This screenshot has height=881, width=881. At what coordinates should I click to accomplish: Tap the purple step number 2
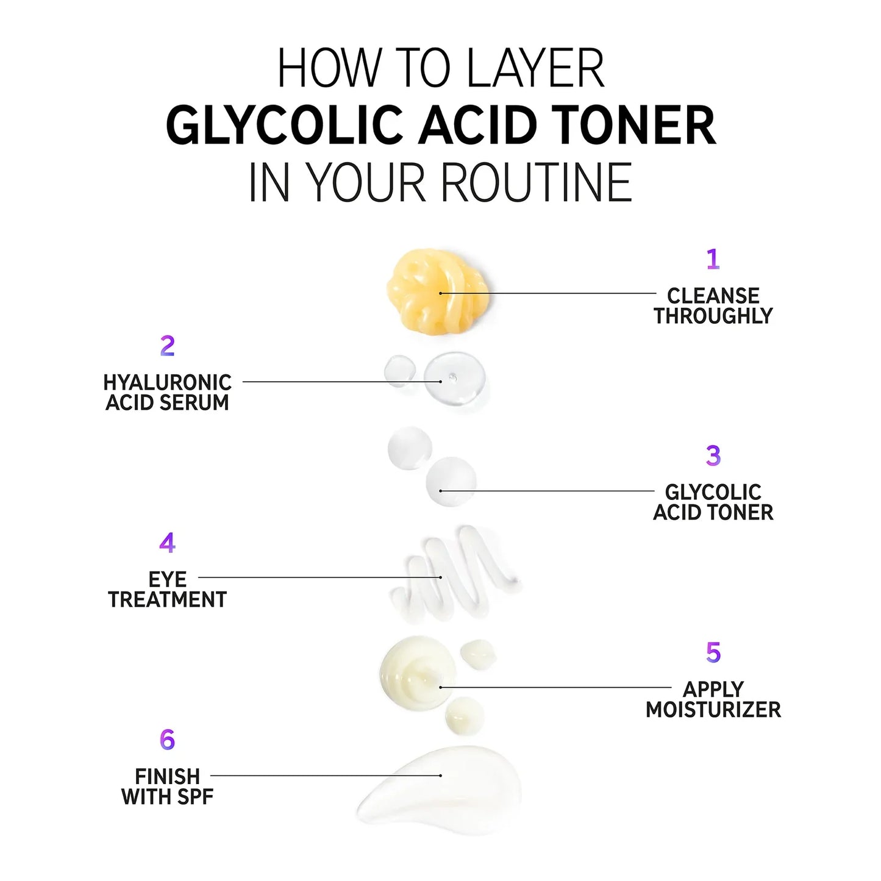tap(167, 346)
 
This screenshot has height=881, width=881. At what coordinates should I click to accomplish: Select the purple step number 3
tap(713, 455)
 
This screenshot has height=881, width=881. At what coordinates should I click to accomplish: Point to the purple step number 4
tap(167, 542)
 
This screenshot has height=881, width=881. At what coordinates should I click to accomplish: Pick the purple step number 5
tap(713, 652)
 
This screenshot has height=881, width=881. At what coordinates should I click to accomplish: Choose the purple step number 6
tap(167, 740)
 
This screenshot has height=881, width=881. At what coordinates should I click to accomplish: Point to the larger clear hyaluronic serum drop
tap(454, 379)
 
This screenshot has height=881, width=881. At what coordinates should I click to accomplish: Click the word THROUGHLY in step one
tap(713, 316)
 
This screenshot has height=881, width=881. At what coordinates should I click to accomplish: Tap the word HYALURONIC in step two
tap(167, 383)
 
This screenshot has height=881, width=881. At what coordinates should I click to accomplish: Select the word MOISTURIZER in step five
tap(713, 710)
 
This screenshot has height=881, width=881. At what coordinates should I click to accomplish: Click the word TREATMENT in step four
tap(167, 599)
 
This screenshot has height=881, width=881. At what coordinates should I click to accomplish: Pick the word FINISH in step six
tap(167, 776)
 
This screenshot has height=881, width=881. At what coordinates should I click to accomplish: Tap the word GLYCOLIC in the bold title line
tap(284, 125)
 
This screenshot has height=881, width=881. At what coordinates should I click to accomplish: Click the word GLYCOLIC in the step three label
tap(713, 493)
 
